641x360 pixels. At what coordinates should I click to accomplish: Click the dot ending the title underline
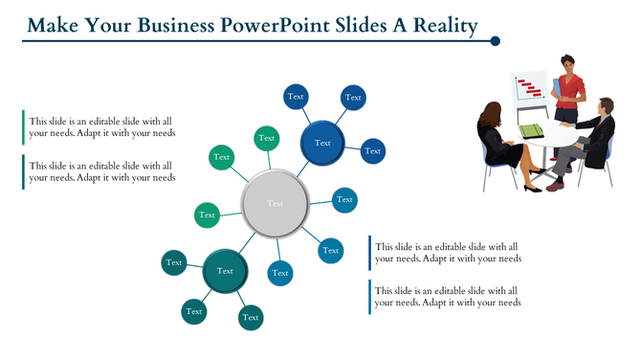click(496, 41)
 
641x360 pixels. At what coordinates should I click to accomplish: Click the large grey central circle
click(276, 203)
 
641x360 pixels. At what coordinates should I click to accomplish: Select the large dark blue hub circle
click(322, 144)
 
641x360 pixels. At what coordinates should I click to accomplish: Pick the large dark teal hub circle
click(225, 272)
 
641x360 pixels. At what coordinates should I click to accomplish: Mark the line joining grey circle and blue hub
click(302, 169)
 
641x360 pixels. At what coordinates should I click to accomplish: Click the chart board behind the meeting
click(529, 91)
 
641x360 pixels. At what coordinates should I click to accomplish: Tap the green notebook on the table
click(531, 130)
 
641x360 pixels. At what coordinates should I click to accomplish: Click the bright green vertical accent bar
click(23, 127)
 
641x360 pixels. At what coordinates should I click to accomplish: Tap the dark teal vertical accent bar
click(23, 171)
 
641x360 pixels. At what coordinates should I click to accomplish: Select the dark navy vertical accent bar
click(369, 253)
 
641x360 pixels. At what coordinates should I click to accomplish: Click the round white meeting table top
click(555, 136)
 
